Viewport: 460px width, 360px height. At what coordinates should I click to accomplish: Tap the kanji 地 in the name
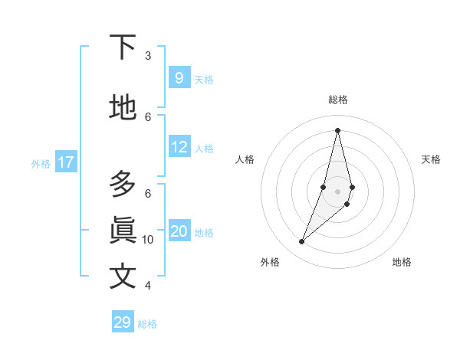click(x=123, y=107)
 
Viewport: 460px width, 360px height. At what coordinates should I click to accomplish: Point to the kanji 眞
click(x=123, y=230)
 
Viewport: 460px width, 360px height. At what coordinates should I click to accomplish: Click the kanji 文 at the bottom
click(x=123, y=276)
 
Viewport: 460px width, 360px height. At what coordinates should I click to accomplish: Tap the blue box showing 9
click(x=179, y=77)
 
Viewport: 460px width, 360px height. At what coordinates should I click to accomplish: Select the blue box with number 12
click(x=179, y=147)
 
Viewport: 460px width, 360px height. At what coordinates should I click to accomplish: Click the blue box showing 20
click(x=179, y=231)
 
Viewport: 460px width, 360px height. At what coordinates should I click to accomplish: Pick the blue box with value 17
click(x=65, y=162)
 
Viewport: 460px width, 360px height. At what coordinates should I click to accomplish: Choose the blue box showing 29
click(x=123, y=322)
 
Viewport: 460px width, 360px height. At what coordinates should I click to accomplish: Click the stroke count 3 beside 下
click(x=148, y=55)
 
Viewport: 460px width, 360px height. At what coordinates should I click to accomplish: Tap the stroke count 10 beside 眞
click(x=148, y=239)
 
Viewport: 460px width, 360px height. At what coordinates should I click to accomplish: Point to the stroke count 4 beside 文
click(x=148, y=285)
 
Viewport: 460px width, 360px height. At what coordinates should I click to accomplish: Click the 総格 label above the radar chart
click(x=338, y=100)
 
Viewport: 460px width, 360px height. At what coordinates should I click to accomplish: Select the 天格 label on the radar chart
click(x=432, y=159)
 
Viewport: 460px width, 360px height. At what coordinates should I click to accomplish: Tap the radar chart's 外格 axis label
click(x=270, y=262)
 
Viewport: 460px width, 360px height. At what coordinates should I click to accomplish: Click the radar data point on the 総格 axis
click(x=337, y=130)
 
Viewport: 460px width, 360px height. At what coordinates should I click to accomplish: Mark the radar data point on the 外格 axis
click(x=301, y=242)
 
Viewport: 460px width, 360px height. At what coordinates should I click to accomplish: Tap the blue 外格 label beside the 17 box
click(x=40, y=163)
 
